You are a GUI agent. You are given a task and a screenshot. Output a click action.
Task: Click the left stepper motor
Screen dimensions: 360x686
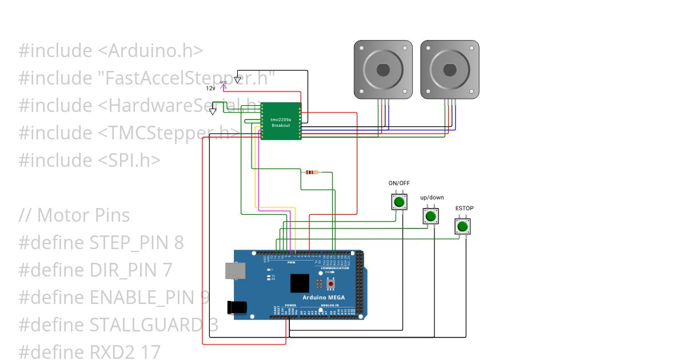coord(383,68)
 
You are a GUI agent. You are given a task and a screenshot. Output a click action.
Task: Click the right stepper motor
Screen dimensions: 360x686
coord(450,68)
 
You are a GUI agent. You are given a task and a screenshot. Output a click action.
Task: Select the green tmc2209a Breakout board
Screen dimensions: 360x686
coord(281,121)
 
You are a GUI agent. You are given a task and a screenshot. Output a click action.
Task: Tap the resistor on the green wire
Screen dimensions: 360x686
coord(312,172)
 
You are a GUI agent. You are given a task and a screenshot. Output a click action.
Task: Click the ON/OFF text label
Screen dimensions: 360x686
coord(399,183)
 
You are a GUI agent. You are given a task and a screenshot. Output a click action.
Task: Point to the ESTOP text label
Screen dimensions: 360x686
coord(464,209)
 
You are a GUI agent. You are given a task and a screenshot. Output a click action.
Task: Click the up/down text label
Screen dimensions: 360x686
coord(432,198)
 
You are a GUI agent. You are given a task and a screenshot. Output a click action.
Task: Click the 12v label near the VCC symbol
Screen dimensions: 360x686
coord(210,89)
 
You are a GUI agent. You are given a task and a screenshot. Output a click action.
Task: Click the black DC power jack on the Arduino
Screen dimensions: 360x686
coord(237,307)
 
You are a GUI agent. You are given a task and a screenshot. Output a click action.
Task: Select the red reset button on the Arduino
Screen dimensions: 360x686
coord(330,284)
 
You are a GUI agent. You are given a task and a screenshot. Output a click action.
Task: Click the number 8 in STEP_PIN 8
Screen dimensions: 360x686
coord(178,243)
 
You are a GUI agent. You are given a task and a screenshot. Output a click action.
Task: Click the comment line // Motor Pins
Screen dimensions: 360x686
coord(74,215)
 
